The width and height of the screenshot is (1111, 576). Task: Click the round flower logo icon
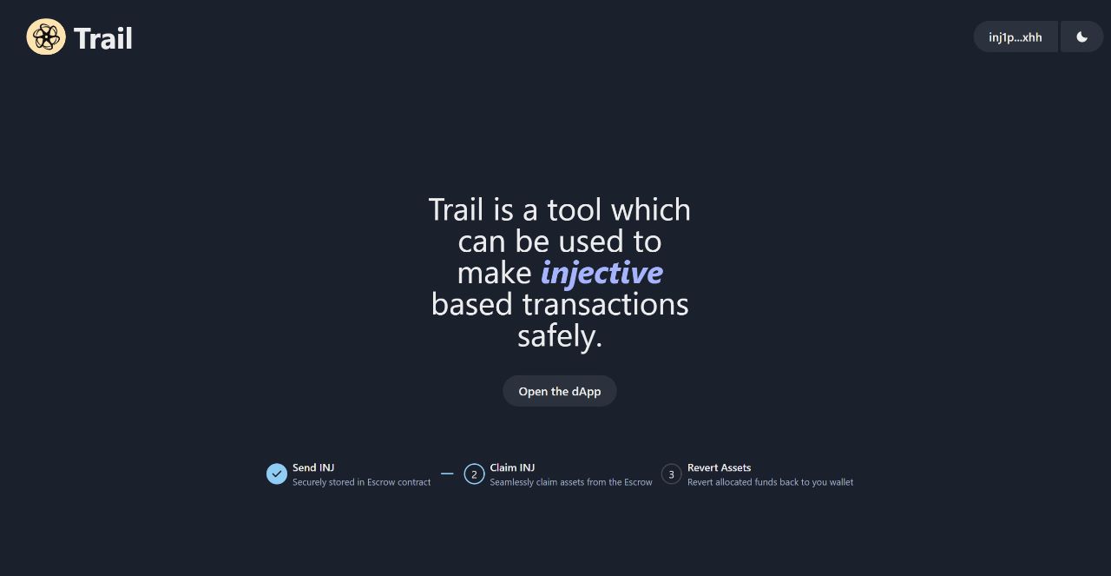point(46,36)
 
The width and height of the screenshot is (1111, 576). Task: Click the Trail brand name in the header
point(103,38)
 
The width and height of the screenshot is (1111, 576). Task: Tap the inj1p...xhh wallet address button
point(1015,37)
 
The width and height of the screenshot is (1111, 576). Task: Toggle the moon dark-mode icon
point(1081,37)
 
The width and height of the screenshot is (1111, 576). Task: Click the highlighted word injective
point(602,273)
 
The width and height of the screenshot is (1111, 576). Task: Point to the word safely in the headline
point(559,335)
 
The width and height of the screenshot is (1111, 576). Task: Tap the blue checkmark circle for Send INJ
point(277,473)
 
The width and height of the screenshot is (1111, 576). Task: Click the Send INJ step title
point(313,467)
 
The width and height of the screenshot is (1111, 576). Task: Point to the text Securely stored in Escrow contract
point(361,482)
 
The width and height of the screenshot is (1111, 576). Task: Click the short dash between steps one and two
point(447,473)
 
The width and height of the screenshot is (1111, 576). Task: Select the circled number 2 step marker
point(474,474)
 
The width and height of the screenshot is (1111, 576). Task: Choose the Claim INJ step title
point(512,467)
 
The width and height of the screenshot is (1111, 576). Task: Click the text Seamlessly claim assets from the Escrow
point(570,482)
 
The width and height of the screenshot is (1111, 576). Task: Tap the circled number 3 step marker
point(671,474)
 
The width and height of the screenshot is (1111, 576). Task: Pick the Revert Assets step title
point(719,467)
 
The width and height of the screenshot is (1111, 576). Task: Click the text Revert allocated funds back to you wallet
point(770,482)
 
